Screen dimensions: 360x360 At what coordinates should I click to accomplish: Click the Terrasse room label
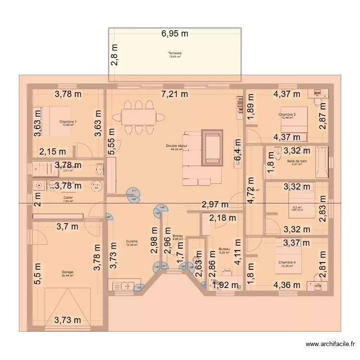point(175,53)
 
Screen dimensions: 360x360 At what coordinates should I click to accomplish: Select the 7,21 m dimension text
point(175,94)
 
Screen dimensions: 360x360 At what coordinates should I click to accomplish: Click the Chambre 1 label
point(68,122)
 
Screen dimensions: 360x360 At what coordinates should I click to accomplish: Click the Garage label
point(68,272)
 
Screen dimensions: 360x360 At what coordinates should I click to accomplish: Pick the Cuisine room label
point(132,241)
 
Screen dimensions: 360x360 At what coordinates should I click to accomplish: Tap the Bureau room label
point(224,249)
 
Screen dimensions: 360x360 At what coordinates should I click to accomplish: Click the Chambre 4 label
point(287,262)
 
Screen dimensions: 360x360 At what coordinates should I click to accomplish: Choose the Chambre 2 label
point(287,115)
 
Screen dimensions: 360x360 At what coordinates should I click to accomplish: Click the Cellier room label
point(68,197)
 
